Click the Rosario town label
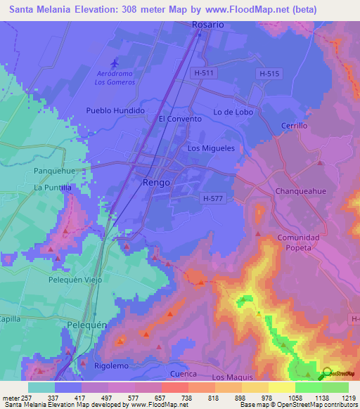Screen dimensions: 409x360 tap(207, 24)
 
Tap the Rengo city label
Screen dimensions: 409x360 tap(156, 182)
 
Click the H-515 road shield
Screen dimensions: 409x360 tap(269, 73)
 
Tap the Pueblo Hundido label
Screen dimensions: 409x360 tap(115, 111)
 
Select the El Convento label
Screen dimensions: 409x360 tap(180, 119)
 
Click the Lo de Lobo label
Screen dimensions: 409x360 tap(232, 112)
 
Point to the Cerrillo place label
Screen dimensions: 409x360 tap(295, 126)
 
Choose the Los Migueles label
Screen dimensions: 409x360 tap(211, 148)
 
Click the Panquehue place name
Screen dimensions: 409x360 tap(53, 171)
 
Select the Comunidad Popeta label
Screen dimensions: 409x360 tap(298, 243)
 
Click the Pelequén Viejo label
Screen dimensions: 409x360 tap(75, 280)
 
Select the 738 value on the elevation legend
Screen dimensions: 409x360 tap(173, 397)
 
